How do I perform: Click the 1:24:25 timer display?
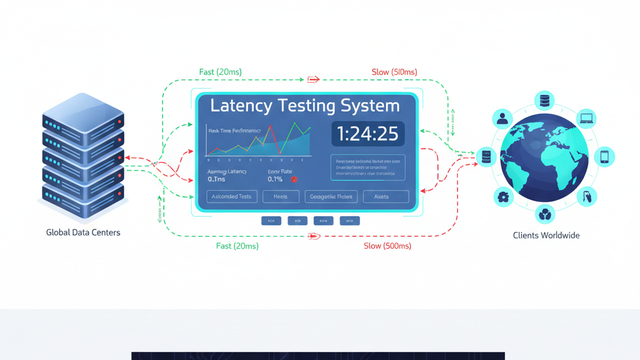click(x=367, y=134)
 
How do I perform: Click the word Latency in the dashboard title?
click(x=241, y=106)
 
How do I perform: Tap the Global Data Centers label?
click(x=83, y=232)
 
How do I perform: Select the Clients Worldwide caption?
click(x=546, y=236)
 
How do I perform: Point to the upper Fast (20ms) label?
click(x=220, y=72)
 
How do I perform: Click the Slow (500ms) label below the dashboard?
click(x=387, y=246)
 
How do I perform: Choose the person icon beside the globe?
click(x=502, y=118)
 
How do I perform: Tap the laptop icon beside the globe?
click(x=586, y=117)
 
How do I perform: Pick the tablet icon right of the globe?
click(x=604, y=156)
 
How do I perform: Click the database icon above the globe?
click(x=544, y=100)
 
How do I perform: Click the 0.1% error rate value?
click(x=275, y=179)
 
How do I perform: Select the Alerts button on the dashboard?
click(x=381, y=197)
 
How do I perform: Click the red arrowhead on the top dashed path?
click(x=313, y=79)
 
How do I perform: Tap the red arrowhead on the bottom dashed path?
click(x=314, y=236)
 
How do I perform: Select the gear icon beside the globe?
click(x=502, y=197)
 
